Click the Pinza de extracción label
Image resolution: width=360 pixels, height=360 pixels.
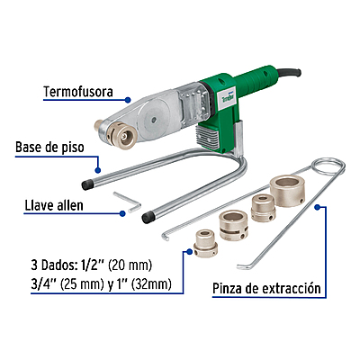pyautogui.click(x=266, y=290)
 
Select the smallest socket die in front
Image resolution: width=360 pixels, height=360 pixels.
pyautogui.click(x=205, y=241)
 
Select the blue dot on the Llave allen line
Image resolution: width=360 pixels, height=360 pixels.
pyautogui.click(x=121, y=213)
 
